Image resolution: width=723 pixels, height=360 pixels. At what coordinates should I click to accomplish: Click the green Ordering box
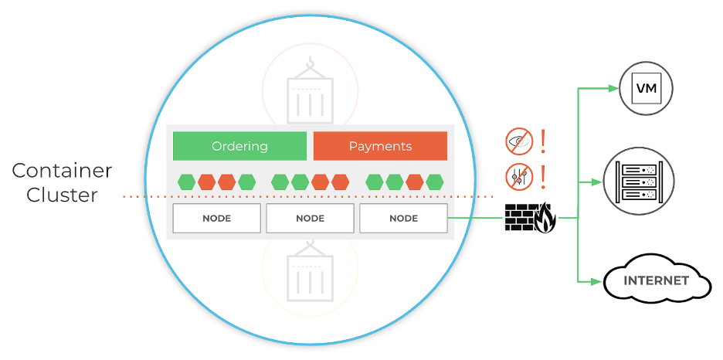point(239,146)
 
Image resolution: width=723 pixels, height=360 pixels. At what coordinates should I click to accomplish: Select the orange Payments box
point(380,146)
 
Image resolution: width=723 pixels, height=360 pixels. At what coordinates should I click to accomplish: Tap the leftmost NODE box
point(216,219)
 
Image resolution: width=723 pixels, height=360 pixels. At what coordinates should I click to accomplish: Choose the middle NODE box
point(310,219)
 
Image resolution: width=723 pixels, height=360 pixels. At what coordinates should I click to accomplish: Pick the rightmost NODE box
point(403,219)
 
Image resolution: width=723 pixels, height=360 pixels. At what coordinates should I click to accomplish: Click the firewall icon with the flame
point(530,218)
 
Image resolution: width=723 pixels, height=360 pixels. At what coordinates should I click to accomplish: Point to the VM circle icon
point(647,88)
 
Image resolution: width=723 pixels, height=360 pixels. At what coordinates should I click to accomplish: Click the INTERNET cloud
point(656,281)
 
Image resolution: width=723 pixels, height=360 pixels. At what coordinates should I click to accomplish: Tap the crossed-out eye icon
point(519,141)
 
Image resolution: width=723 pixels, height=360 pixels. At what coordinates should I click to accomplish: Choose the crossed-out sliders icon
point(519,176)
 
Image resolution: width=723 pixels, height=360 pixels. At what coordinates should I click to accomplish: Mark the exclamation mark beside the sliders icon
point(543,176)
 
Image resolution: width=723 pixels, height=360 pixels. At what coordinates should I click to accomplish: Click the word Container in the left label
point(62,171)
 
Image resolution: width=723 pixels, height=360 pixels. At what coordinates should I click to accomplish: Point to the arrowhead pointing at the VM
point(613,88)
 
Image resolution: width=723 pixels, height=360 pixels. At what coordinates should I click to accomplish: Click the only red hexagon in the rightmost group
point(415,182)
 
